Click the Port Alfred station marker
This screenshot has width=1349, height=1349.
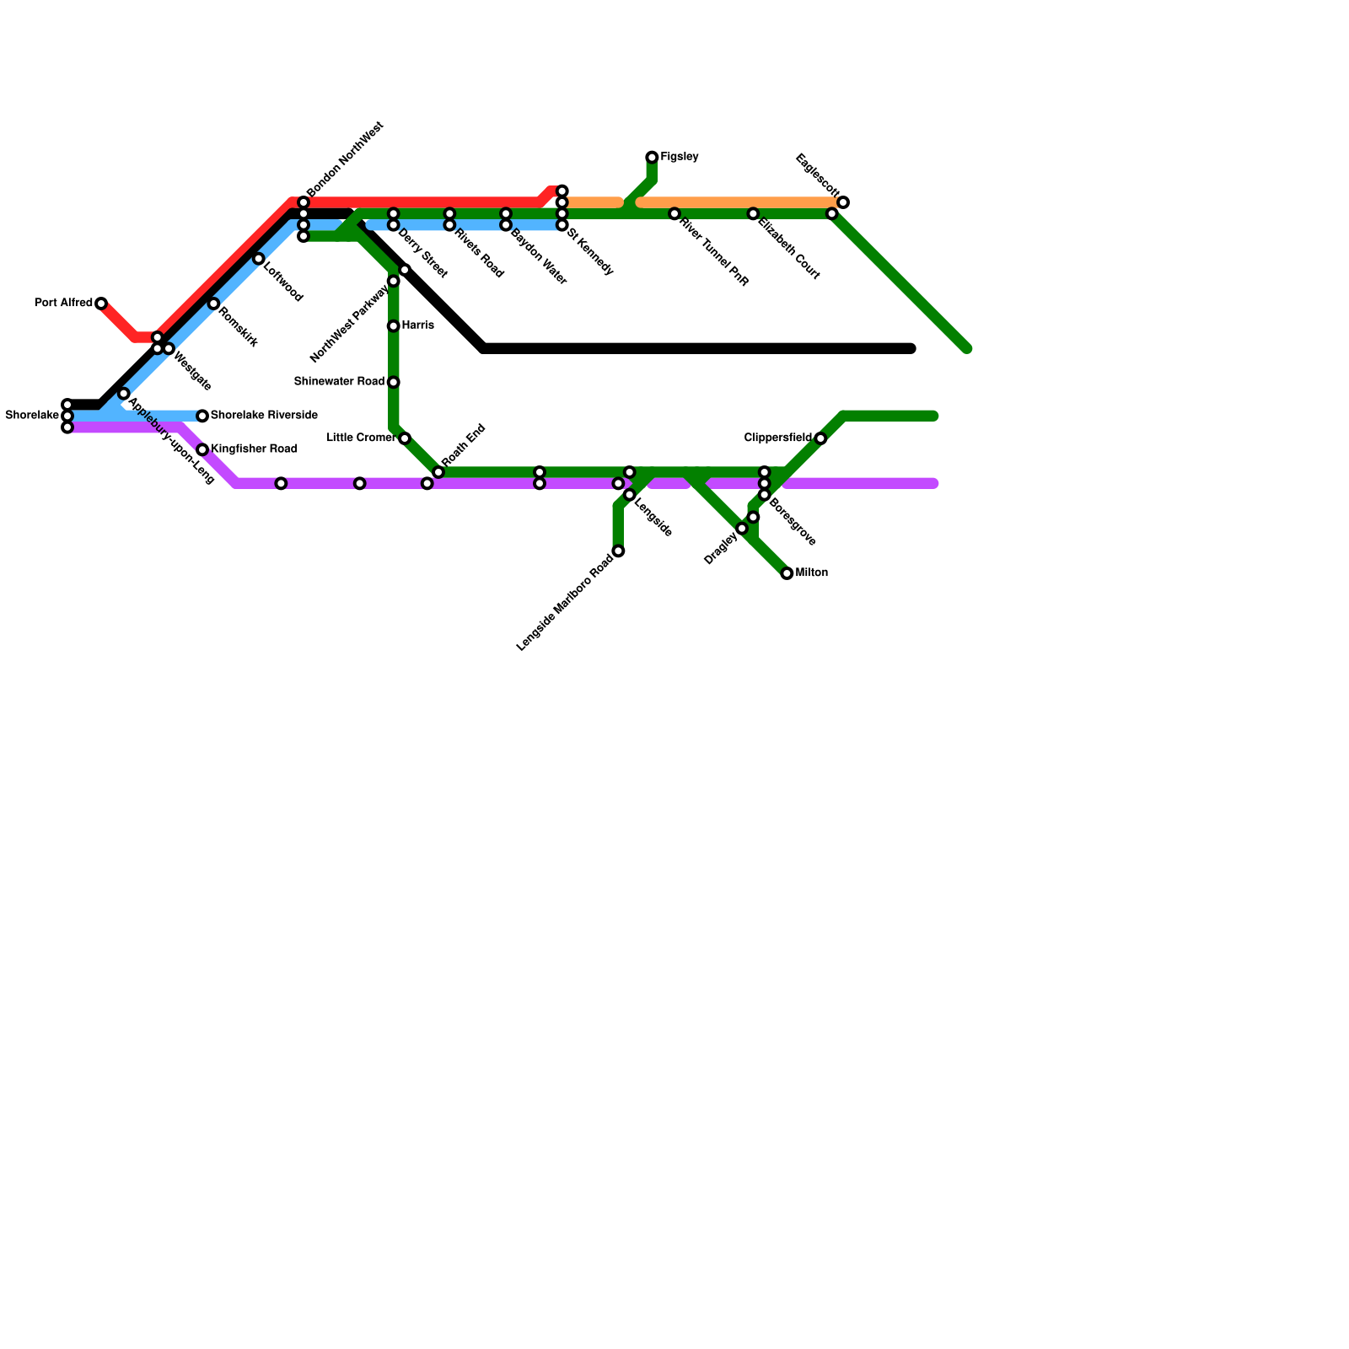click(101, 304)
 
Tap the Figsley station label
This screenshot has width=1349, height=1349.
click(680, 157)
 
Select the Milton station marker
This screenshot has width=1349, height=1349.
click(787, 573)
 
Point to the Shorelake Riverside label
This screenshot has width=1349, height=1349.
click(264, 416)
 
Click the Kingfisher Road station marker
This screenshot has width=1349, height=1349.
click(202, 449)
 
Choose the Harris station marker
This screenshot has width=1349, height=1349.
click(393, 326)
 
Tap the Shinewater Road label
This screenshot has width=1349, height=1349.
click(339, 382)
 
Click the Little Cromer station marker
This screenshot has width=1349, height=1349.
click(405, 438)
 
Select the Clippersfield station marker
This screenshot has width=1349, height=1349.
click(820, 438)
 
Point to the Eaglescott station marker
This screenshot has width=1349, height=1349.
click(843, 202)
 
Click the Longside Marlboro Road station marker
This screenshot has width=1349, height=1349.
click(618, 551)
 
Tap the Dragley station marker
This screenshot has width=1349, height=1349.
click(742, 529)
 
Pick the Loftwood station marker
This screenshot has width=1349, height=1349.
click(258, 259)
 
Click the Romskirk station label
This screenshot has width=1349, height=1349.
click(238, 328)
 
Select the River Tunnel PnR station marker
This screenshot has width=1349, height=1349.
click(674, 214)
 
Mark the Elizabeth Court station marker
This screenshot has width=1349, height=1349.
click(753, 214)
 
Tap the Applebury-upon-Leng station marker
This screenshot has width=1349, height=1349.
click(123, 394)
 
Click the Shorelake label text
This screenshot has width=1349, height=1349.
click(32, 416)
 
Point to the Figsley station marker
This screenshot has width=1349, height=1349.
click(652, 158)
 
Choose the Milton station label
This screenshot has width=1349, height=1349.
click(812, 573)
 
